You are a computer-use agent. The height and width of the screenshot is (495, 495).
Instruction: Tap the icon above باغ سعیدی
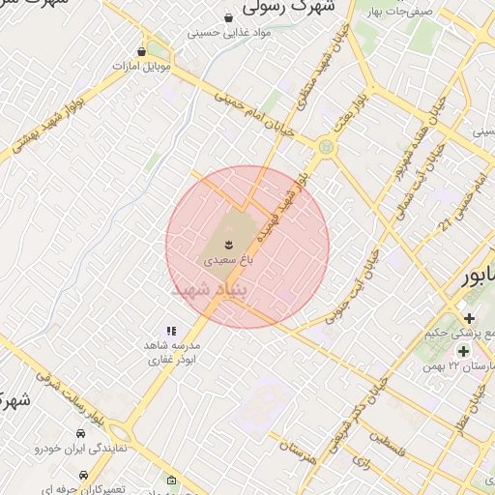(x=229, y=244)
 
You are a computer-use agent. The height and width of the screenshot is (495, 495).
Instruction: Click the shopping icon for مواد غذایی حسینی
(x=228, y=18)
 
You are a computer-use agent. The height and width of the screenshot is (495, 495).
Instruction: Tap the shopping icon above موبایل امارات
(x=143, y=51)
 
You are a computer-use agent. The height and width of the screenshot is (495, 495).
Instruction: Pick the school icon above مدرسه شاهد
(x=171, y=331)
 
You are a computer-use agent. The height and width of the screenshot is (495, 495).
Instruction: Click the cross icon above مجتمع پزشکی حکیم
(x=469, y=318)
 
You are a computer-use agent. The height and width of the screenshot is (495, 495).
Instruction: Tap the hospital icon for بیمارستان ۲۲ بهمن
(x=464, y=350)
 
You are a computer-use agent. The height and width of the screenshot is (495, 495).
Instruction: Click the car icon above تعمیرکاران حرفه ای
(x=85, y=475)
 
